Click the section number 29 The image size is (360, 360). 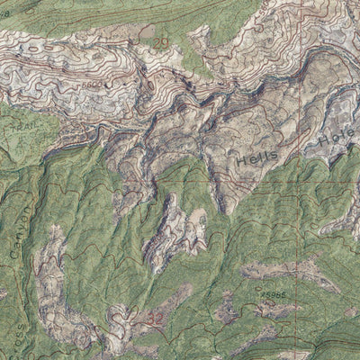(x=162, y=42)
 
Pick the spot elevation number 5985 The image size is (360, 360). (x=273, y=292)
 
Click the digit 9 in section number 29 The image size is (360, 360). (x=166, y=42)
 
